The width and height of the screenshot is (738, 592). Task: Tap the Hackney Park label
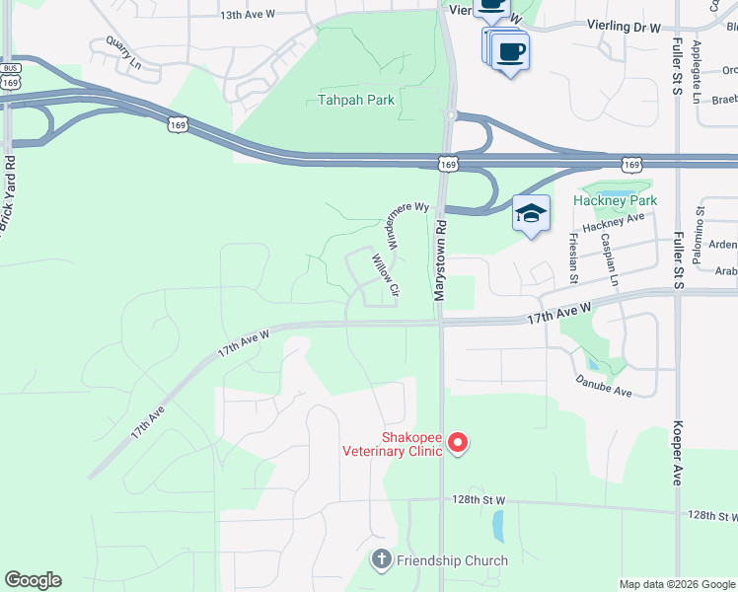615,200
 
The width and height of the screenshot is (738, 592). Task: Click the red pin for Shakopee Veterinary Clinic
458,444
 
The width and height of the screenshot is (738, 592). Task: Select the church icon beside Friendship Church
382,560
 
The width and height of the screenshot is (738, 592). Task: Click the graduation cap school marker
531,214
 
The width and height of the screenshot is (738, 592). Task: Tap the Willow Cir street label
384,277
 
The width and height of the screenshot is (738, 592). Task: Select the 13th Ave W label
247,16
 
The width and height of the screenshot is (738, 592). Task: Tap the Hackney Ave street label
613,224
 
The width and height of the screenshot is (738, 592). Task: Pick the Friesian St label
574,254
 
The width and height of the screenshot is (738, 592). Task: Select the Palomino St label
702,217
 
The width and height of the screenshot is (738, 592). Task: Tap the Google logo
33,580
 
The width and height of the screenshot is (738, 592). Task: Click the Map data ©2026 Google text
676,584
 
